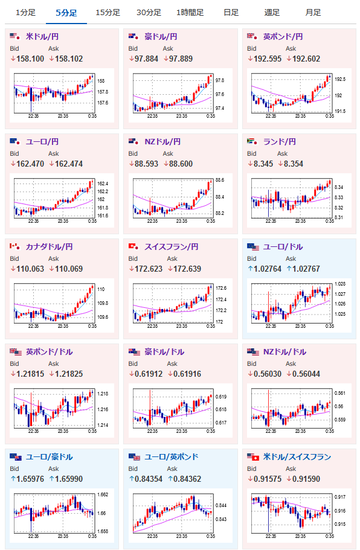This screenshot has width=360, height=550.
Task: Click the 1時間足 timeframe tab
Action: (190, 13)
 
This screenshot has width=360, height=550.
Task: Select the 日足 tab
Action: (231, 13)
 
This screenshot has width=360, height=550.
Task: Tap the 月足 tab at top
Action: (313, 13)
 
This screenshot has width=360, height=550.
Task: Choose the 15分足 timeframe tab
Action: (108, 13)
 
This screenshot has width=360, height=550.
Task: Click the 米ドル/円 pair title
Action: (42, 36)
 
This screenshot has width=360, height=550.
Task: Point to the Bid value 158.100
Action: (30, 59)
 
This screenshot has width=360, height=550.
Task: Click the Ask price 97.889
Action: (181, 59)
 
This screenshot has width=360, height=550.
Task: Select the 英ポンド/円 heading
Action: (283, 36)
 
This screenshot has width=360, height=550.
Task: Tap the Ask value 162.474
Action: (69, 164)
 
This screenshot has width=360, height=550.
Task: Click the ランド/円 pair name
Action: (279, 142)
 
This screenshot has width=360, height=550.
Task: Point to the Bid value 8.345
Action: (263, 164)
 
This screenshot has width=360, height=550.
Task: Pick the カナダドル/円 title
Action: (49, 246)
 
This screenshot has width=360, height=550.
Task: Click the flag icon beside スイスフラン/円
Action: (133, 246)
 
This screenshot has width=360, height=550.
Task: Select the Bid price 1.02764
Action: (268, 269)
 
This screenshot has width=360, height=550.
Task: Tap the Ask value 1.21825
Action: (69, 374)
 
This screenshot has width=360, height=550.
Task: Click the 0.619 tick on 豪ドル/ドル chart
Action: (220, 397)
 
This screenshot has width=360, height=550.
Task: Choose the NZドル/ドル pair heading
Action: (284, 352)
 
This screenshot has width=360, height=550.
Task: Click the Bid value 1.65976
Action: (30, 479)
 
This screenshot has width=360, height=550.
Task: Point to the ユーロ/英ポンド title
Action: (172, 456)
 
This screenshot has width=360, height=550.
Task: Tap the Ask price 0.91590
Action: (306, 479)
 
